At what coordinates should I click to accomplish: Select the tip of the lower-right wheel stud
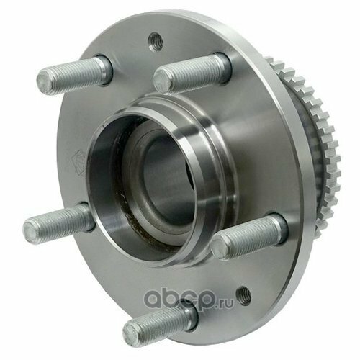[218, 247]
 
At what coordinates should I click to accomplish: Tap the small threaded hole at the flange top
[156, 42]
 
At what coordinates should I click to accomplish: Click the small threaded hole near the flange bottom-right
[243, 296]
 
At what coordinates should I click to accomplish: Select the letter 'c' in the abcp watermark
[192, 300]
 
